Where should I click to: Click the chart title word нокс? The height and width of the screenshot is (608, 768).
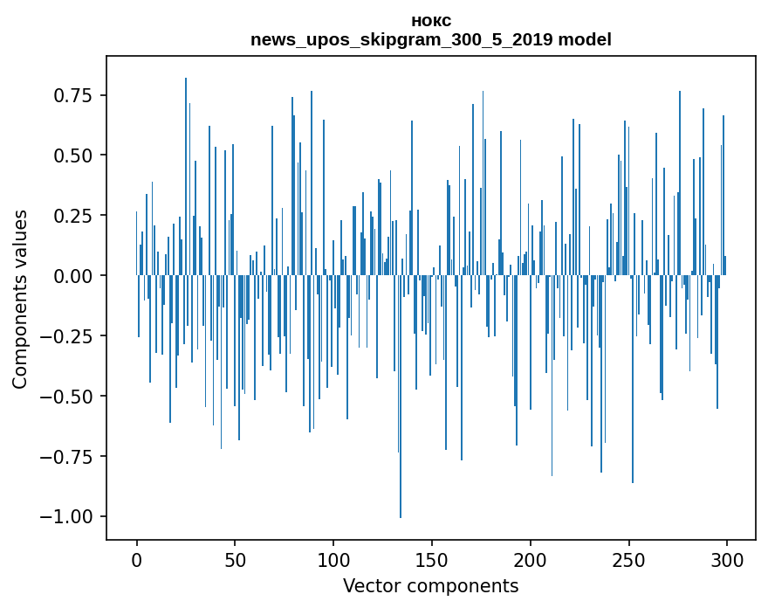point(430,21)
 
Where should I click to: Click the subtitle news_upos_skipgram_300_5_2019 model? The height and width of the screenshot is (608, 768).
point(430,39)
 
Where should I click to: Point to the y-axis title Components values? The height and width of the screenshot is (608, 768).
point(20,299)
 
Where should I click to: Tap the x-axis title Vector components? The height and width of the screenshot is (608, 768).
point(430,586)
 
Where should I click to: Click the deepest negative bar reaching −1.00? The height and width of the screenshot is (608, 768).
point(401,437)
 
